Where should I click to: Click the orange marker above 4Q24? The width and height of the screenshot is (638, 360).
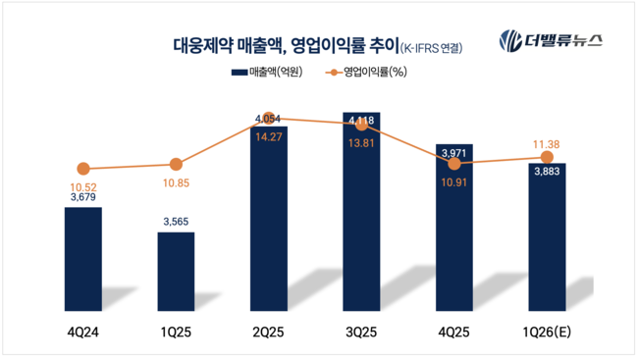click(x=83, y=169)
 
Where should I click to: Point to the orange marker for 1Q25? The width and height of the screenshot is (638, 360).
click(x=176, y=165)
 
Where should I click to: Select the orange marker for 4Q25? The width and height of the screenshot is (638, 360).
click(x=454, y=164)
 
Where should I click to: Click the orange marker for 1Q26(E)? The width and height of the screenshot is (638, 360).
click(x=547, y=157)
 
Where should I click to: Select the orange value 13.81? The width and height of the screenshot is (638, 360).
click(x=361, y=142)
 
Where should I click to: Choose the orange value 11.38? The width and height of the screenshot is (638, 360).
click(x=547, y=143)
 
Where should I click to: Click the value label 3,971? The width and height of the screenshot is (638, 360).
click(x=453, y=153)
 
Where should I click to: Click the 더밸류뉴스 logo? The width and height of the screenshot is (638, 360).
click(x=551, y=42)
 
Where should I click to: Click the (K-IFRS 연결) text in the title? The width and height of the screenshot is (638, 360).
click(x=431, y=47)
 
